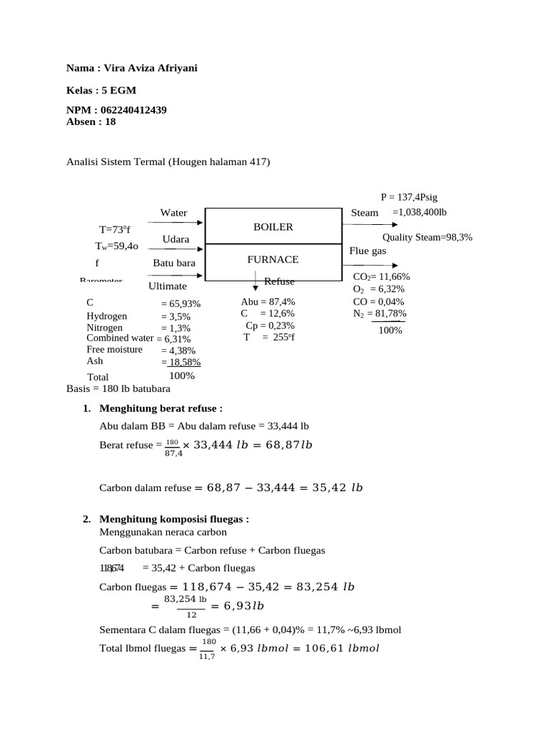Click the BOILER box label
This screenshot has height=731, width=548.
click(273, 227)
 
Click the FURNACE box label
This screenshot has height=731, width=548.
click(273, 260)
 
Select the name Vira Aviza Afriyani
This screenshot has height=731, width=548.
click(151, 68)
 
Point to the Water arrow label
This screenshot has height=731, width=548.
click(173, 213)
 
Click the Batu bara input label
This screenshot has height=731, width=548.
click(173, 263)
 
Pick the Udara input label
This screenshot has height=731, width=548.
click(176, 239)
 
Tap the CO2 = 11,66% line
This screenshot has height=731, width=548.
click(381, 277)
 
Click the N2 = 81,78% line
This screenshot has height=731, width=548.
click(380, 313)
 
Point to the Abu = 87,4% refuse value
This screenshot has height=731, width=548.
click(268, 302)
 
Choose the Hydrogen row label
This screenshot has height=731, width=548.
click(107, 316)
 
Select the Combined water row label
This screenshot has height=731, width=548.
click(120, 338)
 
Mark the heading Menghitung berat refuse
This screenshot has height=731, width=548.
click(161, 408)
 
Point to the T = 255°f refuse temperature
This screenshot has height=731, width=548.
click(268, 338)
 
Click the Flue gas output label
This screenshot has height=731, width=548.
click(368, 251)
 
